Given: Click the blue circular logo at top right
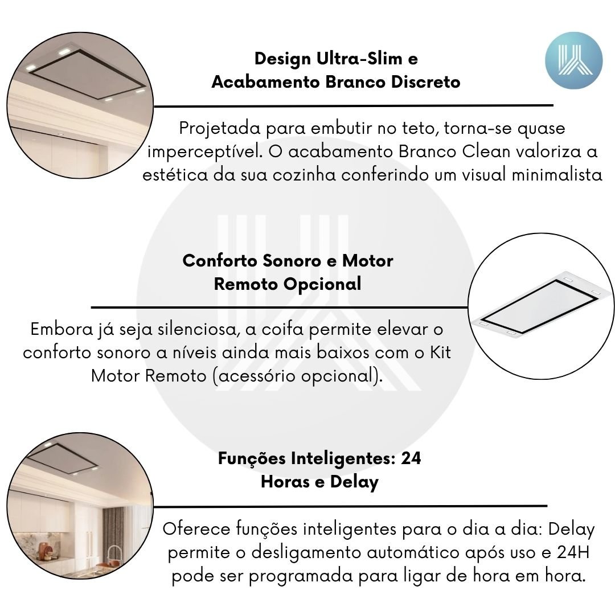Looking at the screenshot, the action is (573, 60).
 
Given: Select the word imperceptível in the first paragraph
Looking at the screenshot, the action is (205, 152).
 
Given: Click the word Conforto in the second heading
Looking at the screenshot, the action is (220, 260).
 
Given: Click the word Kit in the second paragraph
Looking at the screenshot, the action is (440, 352).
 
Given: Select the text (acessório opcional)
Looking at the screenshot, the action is (298, 376).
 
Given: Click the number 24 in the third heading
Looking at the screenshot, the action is (411, 458).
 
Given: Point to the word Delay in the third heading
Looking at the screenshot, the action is (354, 482).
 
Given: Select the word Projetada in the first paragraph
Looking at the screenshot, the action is (220, 129).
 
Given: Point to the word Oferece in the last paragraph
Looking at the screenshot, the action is (196, 529).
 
